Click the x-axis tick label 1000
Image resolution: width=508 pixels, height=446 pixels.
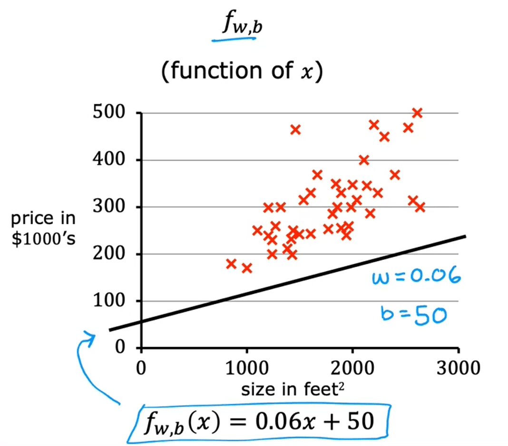coord(246,368)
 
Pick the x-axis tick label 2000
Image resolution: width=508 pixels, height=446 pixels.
coord(352,368)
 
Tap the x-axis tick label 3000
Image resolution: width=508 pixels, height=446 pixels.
coord(458,368)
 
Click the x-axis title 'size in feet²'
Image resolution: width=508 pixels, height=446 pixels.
coord(292,390)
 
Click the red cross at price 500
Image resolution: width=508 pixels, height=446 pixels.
coord(417,113)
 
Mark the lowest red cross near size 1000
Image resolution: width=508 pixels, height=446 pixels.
coord(246,268)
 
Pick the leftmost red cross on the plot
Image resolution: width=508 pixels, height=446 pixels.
coord(231,263)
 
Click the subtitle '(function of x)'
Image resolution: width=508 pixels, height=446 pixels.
coord(242,71)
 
